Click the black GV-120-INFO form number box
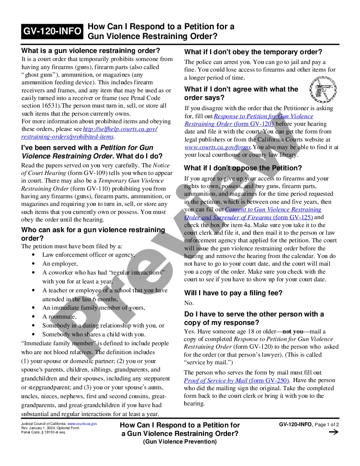tap(53, 31)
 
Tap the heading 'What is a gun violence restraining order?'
tap(91, 51)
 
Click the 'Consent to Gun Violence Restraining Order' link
tap(273, 209)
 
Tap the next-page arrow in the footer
tap(333, 432)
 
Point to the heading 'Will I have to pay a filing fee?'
tap(233, 293)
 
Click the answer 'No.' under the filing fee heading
tap(189, 303)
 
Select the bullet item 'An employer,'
tap(60, 264)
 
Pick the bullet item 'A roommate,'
tap(59, 316)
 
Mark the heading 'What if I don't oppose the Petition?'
tap(243, 168)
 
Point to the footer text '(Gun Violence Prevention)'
tap(180, 442)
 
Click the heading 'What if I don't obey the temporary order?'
tap(253, 52)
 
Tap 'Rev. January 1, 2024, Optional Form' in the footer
tap(50, 428)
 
